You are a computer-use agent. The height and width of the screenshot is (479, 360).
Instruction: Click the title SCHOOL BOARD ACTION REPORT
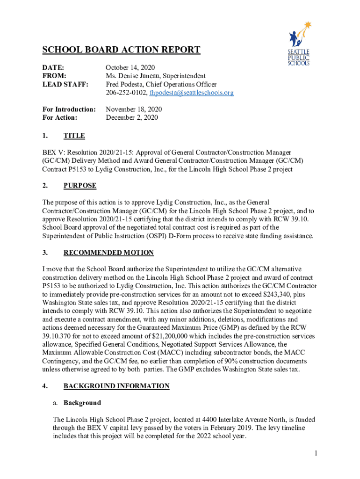[121, 50]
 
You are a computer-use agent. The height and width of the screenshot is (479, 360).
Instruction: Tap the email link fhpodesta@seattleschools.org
[191, 93]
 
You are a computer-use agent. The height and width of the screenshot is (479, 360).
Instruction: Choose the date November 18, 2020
[134, 109]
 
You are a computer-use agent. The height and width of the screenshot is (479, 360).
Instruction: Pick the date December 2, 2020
[132, 118]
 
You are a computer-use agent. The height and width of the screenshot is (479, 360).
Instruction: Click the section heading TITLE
[74, 136]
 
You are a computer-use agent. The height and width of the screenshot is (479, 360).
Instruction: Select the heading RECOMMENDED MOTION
[108, 253]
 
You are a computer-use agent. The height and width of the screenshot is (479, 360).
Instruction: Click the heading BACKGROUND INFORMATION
[116, 386]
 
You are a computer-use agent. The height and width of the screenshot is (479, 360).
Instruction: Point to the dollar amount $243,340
[285, 295]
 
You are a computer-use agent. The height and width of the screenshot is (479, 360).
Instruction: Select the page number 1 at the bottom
[316, 453]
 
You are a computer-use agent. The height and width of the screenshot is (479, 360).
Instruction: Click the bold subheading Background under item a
[82, 403]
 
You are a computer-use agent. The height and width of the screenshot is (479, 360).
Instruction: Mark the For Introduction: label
[69, 109]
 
